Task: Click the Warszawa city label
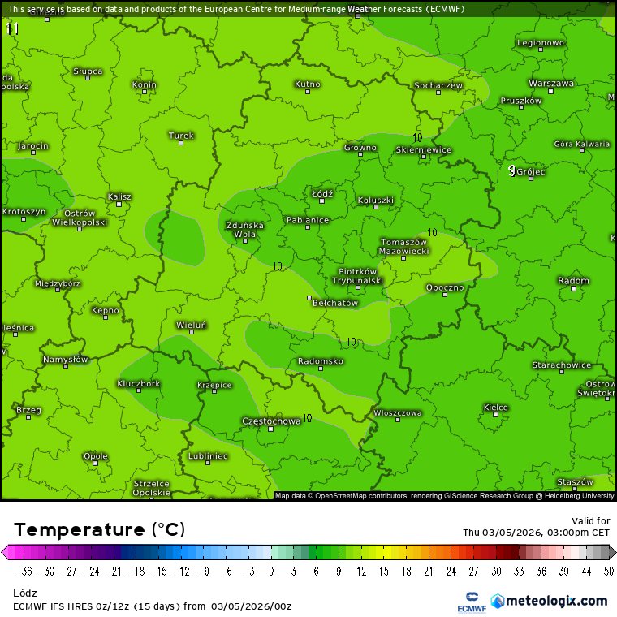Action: point(551,83)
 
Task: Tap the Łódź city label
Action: point(322,194)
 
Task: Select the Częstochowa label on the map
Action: point(271,421)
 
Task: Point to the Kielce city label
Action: point(495,407)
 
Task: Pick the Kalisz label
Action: point(119,196)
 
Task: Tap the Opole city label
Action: point(96,456)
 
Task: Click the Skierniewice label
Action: point(424,149)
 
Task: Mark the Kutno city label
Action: point(307,84)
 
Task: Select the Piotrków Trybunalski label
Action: point(357,275)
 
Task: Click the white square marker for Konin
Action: point(145,92)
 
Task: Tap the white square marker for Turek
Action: point(181,144)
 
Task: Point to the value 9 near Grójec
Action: point(511,170)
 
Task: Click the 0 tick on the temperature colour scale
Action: point(270,571)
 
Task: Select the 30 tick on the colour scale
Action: point(495,571)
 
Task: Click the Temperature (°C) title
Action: point(99,530)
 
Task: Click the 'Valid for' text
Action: point(590,520)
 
